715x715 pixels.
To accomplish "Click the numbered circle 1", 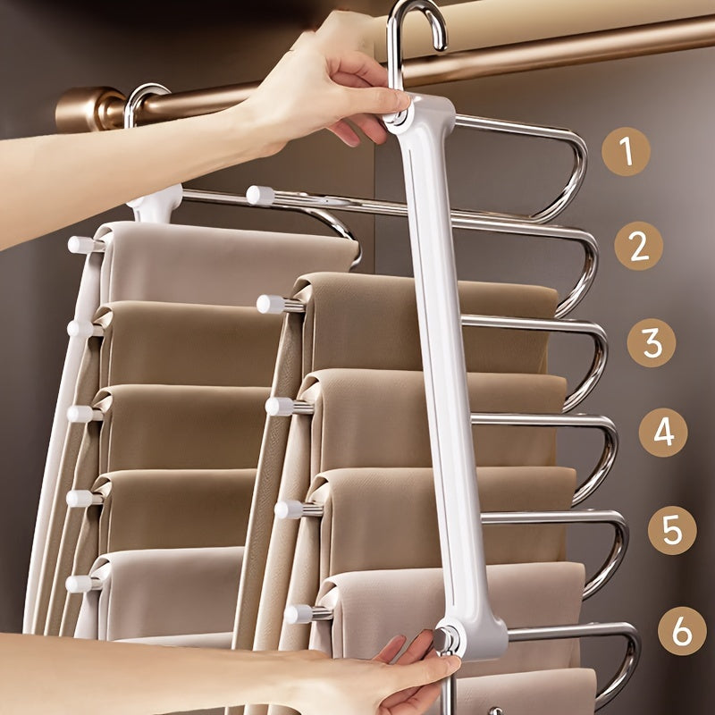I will pos(626,151).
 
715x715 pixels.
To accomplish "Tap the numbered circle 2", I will pos(638,246).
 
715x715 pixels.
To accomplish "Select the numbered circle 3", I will pos(651,342).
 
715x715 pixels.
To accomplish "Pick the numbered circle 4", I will pos(663,433).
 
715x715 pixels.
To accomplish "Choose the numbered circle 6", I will pos(682,631).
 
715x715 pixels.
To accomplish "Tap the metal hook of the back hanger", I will pos(143,98).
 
